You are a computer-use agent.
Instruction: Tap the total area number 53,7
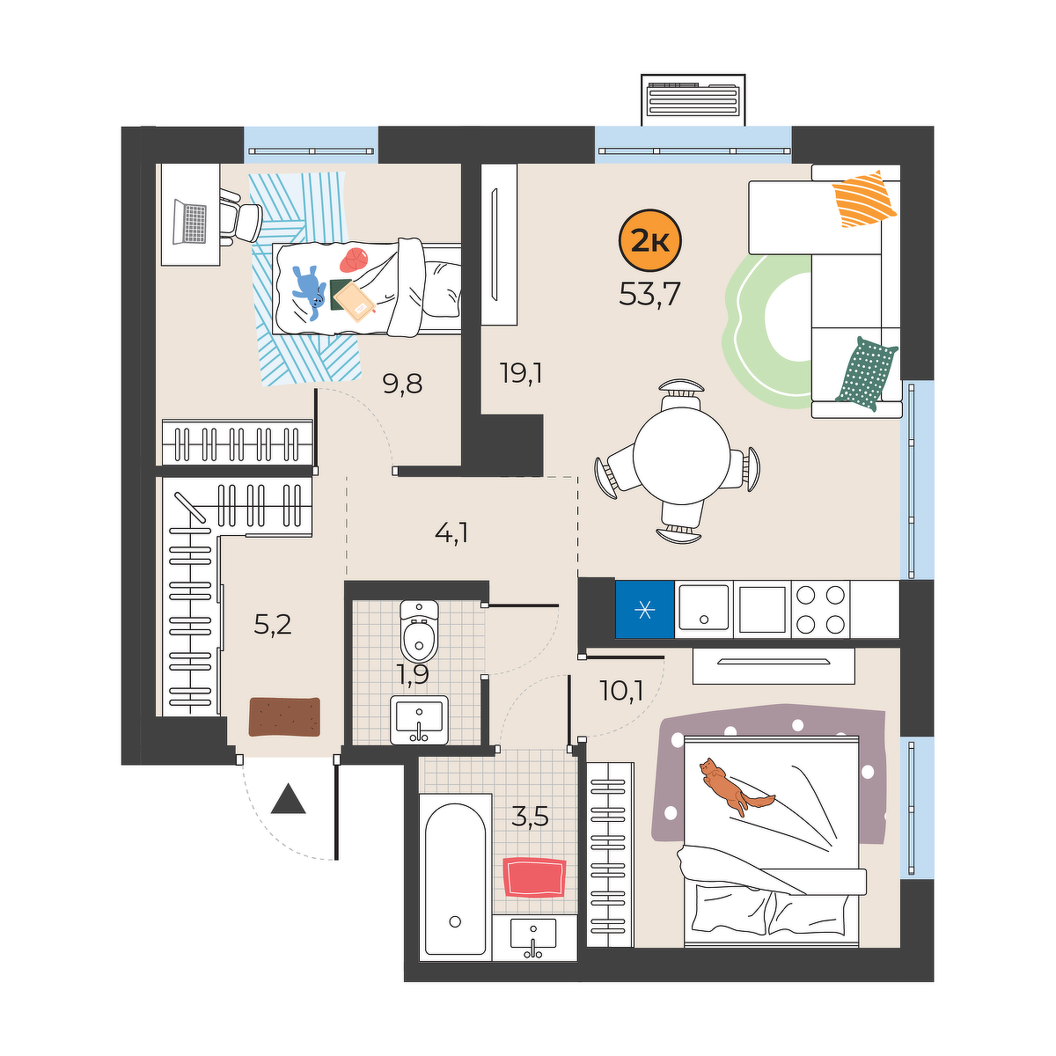tap(649, 294)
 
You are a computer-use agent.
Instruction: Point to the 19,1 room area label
tap(521, 373)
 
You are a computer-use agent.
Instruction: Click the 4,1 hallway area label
tap(451, 532)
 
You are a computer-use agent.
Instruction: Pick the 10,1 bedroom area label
tap(621, 691)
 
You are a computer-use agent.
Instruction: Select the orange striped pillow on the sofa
tap(863, 198)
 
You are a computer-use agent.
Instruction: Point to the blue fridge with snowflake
tap(644, 609)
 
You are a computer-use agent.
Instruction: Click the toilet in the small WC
tap(419, 631)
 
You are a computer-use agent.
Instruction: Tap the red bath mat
tap(534, 876)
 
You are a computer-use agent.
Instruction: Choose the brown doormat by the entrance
tap(284, 717)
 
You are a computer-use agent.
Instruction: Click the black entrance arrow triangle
tap(289, 798)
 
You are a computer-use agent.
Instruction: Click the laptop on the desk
tap(189, 222)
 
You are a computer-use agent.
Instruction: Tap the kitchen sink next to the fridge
tap(704, 608)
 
